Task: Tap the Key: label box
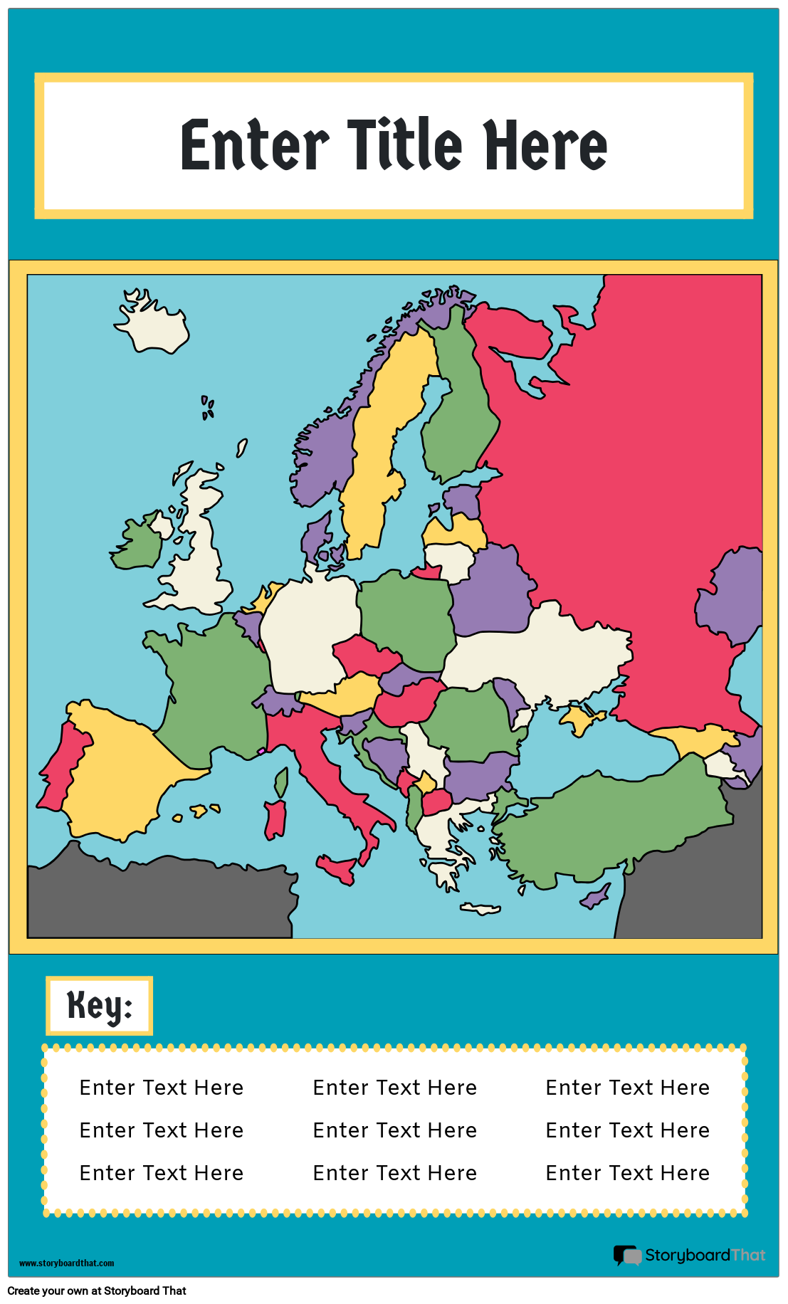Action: point(100,1005)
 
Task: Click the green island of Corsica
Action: point(281,782)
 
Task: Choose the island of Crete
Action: point(480,908)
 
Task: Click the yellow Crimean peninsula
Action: point(579,720)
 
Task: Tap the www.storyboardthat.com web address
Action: point(66,1263)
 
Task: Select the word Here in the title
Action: point(545,145)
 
